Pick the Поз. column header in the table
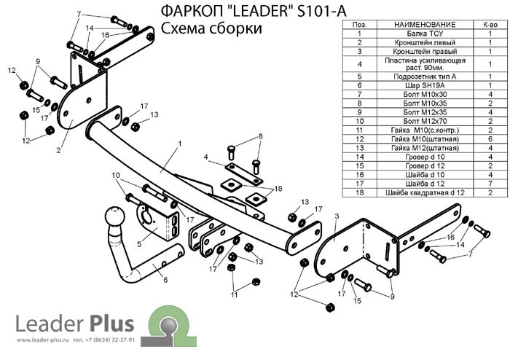tap(359, 25)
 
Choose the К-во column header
tap(490, 25)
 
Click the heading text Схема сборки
tap(207, 28)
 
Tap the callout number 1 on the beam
tap(177, 145)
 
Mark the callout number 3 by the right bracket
tap(336, 216)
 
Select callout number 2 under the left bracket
tap(58, 151)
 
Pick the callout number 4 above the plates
tap(206, 157)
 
